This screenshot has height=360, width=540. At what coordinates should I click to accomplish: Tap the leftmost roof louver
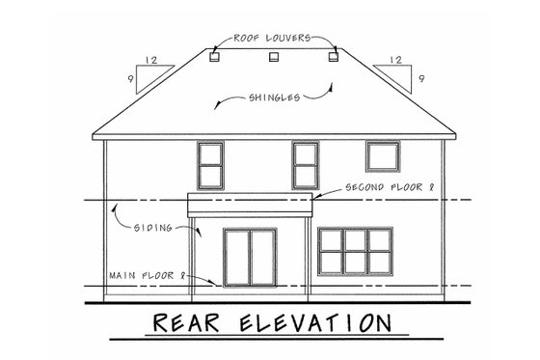212,58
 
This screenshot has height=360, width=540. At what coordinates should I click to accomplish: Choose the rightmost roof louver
334,58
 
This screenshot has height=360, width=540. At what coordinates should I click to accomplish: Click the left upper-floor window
209,164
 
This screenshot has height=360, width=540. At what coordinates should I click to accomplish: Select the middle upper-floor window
306,164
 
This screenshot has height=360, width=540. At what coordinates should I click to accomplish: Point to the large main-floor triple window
354,252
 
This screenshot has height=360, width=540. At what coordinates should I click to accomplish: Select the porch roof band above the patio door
251,205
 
